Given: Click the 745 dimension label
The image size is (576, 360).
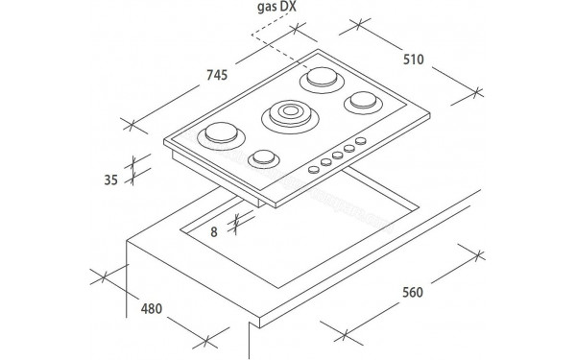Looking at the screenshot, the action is click(x=217, y=75).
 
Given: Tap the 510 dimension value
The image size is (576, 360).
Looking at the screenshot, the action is click(x=413, y=60).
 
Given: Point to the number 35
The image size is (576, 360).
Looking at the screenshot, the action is click(x=111, y=180).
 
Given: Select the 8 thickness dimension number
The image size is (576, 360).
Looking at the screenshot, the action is click(x=214, y=232).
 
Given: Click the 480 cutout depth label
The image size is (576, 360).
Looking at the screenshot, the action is click(x=152, y=308).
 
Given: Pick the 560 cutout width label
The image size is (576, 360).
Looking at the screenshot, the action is click(x=413, y=293).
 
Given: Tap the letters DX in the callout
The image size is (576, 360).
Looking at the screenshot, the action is click(x=288, y=7).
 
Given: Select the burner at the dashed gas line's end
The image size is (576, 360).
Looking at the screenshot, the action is click(x=323, y=79).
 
